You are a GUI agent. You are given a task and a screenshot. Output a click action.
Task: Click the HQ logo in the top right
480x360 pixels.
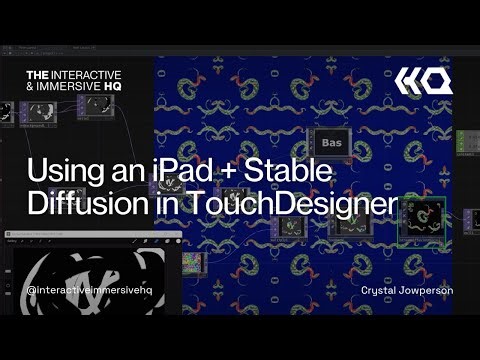coord(423,80)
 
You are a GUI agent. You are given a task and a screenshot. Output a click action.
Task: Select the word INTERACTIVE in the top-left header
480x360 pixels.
coord(88,76)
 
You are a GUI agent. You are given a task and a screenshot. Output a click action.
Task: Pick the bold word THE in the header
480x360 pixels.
coord(37,76)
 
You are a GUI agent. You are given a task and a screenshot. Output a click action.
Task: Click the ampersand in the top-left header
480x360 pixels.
coord(30,89)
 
